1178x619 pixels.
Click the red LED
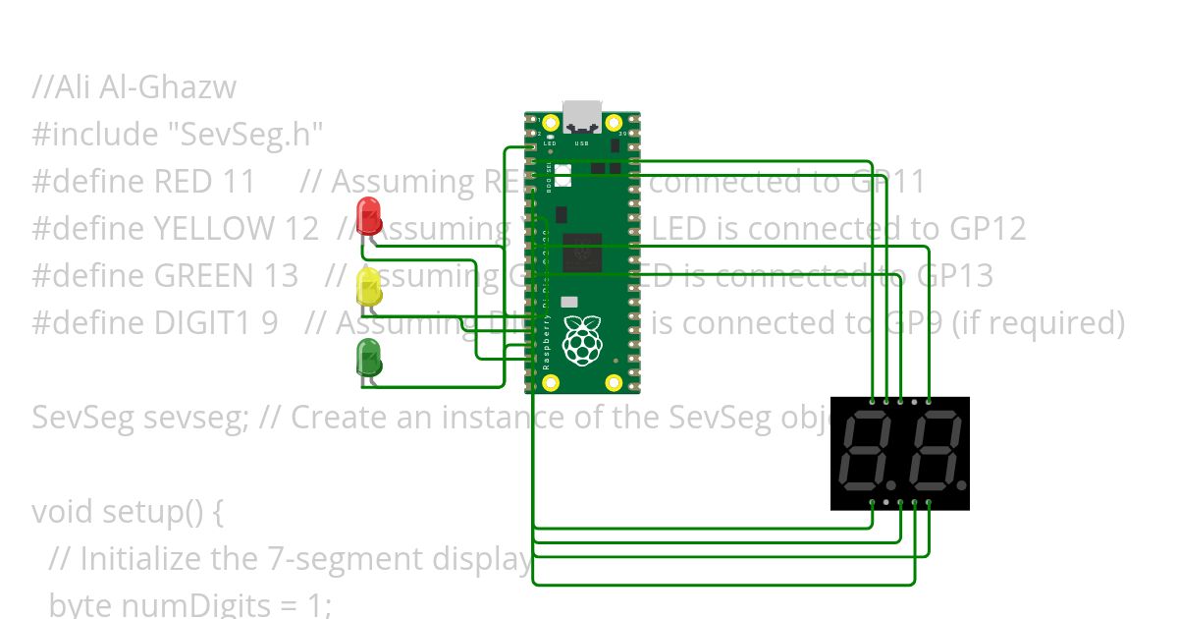pyautogui.click(x=369, y=213)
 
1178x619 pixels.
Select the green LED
pyautogui.click(x=369, y=358)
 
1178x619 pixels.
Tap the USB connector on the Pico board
pyautogui.click(x=582, y=116)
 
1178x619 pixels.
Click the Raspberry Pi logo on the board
pyautogui.click(x=582, y=340)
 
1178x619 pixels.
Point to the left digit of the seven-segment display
pyautogui.click(x=870, y=453)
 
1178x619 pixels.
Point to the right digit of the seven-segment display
pyautogui.click(x=936, y=453)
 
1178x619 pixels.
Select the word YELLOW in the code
pyautogui.click(x=214, y=229)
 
